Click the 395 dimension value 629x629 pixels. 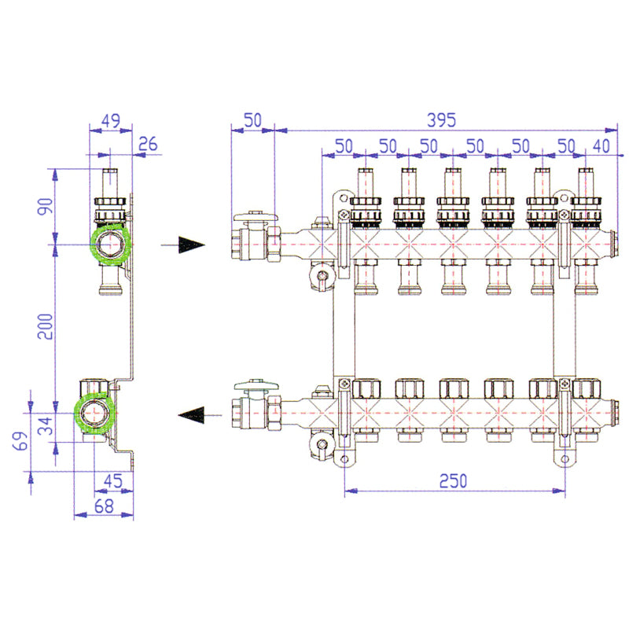tap(441, 120)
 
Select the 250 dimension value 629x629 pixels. tap(454, 481)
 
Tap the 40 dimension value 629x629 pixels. tap(601, 146)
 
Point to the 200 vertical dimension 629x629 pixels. tap(46, 326)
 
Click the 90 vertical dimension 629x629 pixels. tap(46, 207)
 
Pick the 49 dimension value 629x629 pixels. tap(110, 120)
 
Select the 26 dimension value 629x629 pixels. tap(148, 144)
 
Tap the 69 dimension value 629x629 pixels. tap(20, 440)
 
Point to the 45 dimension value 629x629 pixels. tap(112, 481)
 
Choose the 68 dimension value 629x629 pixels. tap(104, 506)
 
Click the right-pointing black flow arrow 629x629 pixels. tap(183, 245)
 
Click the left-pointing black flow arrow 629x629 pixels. tap(200, 415)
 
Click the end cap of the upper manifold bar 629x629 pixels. tap(612, 244)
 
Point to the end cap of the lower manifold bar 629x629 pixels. tap(612, 414)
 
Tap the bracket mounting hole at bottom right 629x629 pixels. tap(565, 459)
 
